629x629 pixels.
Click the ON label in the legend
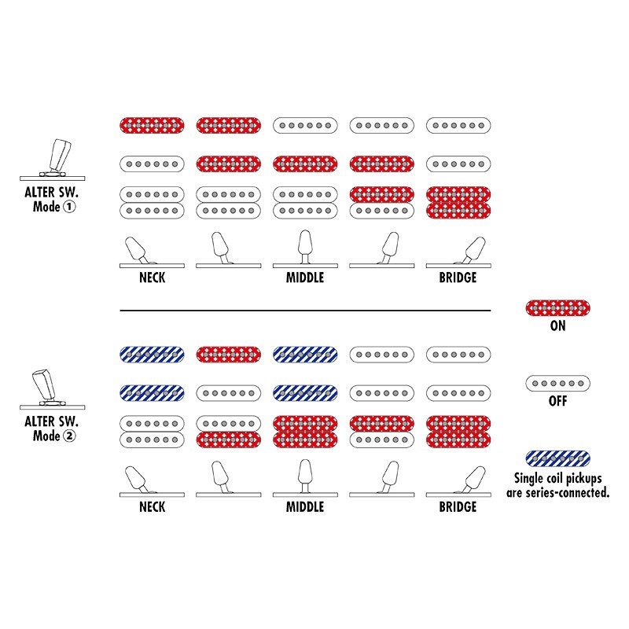click(x=557, y=326)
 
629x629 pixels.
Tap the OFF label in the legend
click(x=557, y=401)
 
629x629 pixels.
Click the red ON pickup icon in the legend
click(x=557, y=308)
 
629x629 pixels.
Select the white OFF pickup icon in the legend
click(x=557, y=384)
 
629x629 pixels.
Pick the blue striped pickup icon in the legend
click(x=557, y=458)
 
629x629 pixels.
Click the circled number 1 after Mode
click(x=69, y=207)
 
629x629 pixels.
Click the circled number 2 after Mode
click(x=69, y=436)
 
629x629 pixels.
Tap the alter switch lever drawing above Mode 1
click(x=53, y=160)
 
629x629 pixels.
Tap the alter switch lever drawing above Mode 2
click(x=53, y=389)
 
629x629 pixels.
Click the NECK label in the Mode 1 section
click(x=152, y=278)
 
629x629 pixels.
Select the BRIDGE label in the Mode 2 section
click(x=458, y=507)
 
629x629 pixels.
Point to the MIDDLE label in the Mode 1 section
click(x=305, y=278)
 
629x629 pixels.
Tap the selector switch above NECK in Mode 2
click(x=152, y=481)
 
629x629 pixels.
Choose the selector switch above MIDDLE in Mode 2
click(x=305, y=478)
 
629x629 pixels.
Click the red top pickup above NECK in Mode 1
click(x=152, y=126)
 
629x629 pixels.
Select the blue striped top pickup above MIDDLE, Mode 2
click(x=305, y=355)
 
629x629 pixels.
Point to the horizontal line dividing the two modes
click(x=305, y=311)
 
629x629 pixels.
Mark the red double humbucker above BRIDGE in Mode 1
click(x=458, y=203)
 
